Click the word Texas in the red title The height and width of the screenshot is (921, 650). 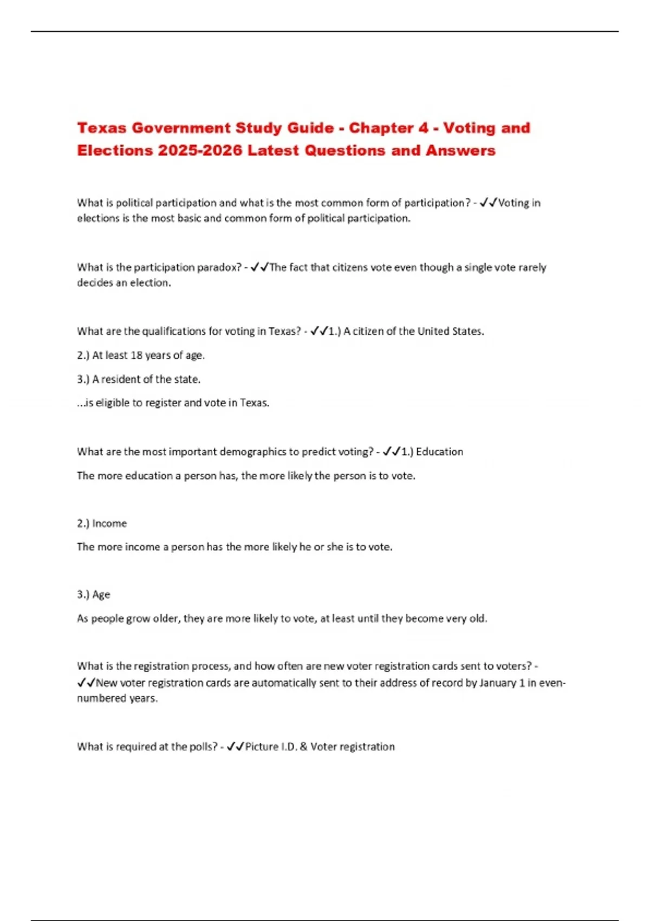101,128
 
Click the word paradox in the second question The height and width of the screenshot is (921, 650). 219,267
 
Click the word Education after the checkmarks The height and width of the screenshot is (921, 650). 439,452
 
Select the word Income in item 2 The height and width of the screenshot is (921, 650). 109,523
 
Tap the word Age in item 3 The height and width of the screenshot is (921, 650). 101,594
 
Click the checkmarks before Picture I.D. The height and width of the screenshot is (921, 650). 236,747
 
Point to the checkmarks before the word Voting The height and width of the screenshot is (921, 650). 489,203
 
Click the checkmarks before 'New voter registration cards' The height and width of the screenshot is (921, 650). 86,683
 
